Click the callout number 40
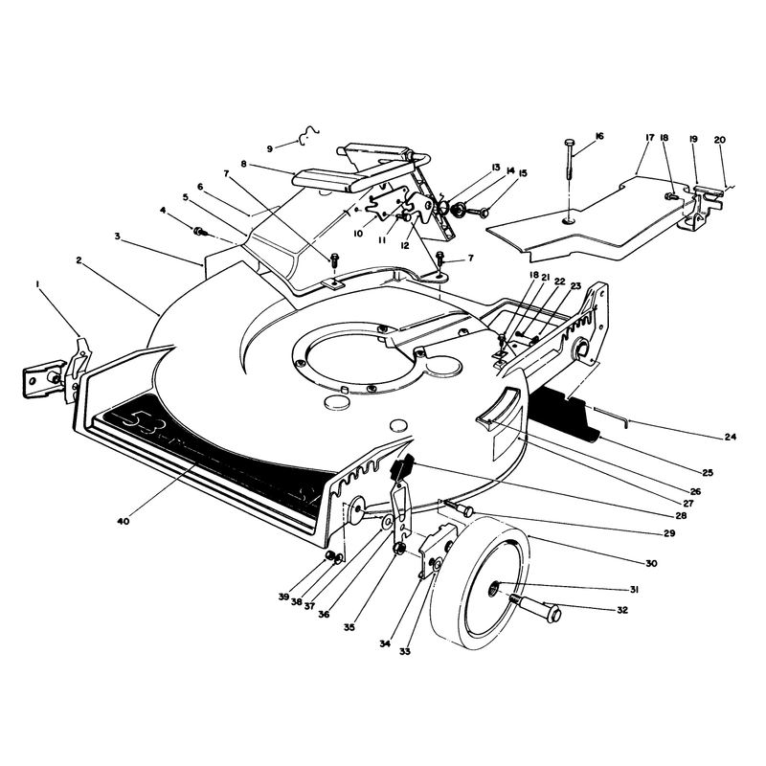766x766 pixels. (x=124, y=521)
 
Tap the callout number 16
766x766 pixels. (x=599, y=136)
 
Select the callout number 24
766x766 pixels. (x=730, y=437)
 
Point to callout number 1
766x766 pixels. (x=38, y=283)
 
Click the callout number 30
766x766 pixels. (x=651, y=563)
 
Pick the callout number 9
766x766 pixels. (x=270, y=149)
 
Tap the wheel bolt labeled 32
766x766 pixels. (x=536, y=607)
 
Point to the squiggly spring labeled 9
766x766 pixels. (x=308, y=134)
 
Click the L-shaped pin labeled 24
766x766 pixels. (x=611, y=416)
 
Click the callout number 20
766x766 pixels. (x=720, y=140)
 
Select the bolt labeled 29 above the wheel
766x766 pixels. (x=459, y=508)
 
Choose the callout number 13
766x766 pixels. (x=496, y=168)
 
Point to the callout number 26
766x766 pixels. (x=695, y=491)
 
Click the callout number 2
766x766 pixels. (x=79, y=259)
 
